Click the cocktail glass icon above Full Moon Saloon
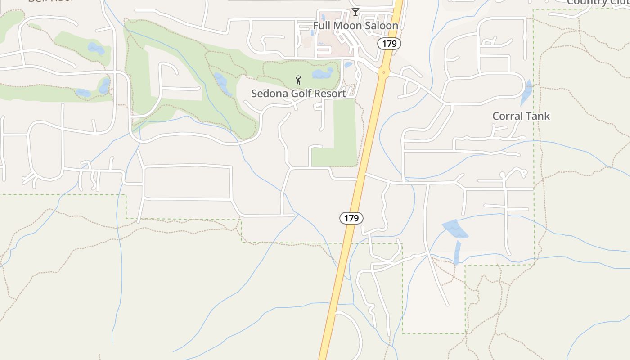click(355, 12)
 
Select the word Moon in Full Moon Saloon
click(346, 26)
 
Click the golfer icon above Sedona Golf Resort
click(298, 81)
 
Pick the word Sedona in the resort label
click(268, 94)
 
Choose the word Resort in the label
click(330, 94)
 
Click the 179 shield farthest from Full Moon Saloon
click(351, 218)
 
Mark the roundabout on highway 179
click(383, 72)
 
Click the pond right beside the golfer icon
click(323, 73)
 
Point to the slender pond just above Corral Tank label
click(526, 92)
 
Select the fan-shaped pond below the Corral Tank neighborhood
click(455, 229)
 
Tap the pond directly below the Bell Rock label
click(96, 48)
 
